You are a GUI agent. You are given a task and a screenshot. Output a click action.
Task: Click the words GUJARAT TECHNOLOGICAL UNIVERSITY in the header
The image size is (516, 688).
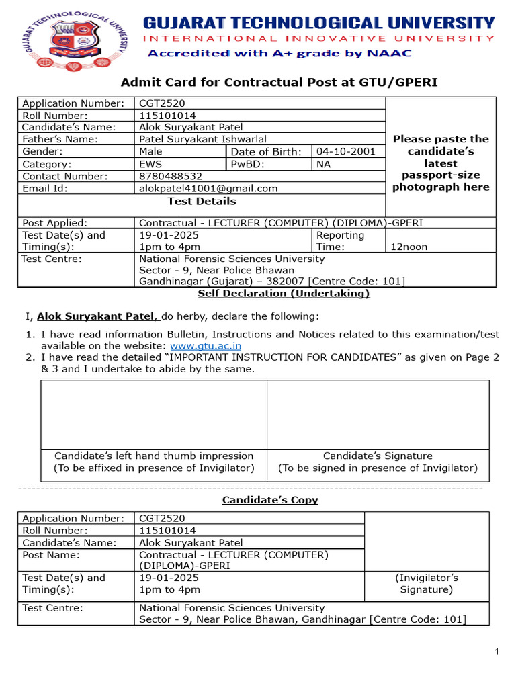pyautogui.click(x=318, y=23)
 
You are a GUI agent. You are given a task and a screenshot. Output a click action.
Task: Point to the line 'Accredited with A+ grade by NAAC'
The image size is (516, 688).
pyautogui.click(x=280, y=53)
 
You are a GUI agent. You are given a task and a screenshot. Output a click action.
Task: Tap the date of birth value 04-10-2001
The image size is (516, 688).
pyautogui.click(x=346, y=152)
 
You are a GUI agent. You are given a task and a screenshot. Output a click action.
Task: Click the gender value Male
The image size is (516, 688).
pyautogui.click(x=150, y=152)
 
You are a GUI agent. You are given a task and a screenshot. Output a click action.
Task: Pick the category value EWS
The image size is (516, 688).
pyautogui.click(x=150, y=164)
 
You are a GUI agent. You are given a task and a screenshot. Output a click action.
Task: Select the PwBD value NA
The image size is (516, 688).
pyautogui.click(x=324, y=164)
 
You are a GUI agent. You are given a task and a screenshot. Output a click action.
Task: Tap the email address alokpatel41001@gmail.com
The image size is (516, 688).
pyautogui.click(x=208, y=189)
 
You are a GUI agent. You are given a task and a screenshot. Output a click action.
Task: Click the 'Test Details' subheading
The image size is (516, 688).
pyautogui.click(x=202, y=201)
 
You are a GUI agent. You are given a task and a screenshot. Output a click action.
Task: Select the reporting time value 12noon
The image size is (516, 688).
pyautogui.click(x=409, y=247)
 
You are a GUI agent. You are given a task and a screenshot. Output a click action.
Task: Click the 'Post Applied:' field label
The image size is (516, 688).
pyautogui.click(x=55, y=223)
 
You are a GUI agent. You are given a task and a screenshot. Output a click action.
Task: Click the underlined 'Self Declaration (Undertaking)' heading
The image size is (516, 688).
pyautogui.click(x=284, y=294)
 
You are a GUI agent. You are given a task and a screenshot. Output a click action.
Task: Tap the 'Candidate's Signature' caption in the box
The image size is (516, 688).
pyautogui.click(x=378, y=456)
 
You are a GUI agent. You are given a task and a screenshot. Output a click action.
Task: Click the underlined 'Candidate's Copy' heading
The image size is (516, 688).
pyautogui.click(x=270, y=500)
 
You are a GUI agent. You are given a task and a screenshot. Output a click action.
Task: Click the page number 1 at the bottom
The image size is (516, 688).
pyautogui.click(x=496, y=652)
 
